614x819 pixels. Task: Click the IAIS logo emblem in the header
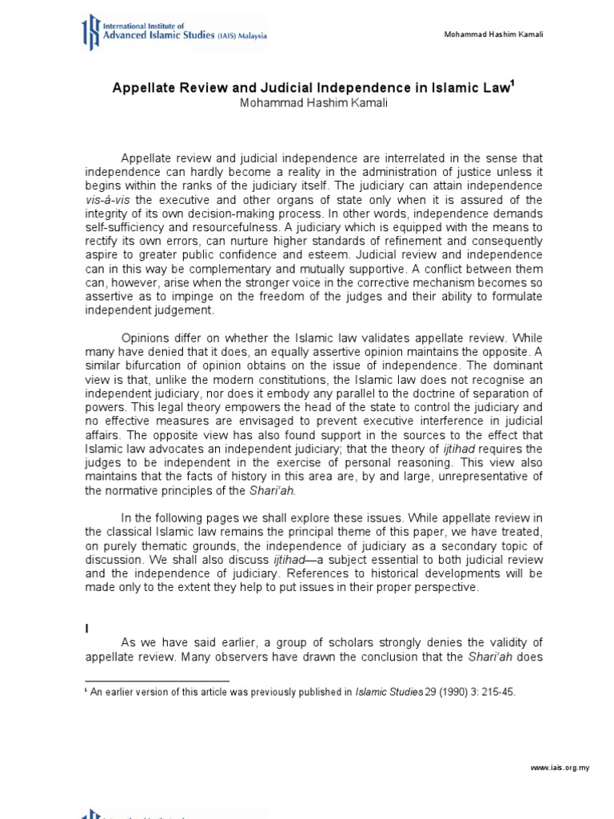[94, 32]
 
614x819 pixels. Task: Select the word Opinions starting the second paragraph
[147, 338]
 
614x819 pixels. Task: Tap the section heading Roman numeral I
[87, 629]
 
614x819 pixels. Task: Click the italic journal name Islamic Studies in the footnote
[389, 693]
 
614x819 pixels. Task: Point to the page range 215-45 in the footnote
[495, 693]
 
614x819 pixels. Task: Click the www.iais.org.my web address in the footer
[560, 768]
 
